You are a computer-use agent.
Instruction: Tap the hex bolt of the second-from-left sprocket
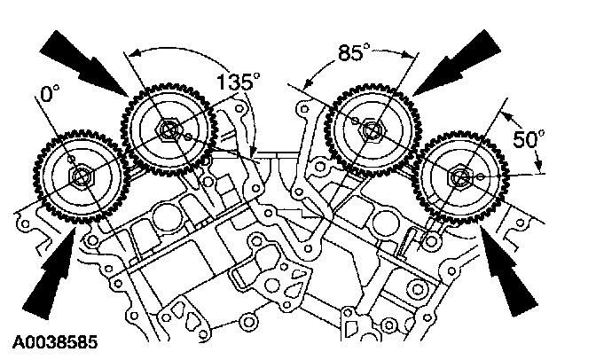[169, 130]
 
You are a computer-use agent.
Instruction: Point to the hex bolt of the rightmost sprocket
[459, 177]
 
